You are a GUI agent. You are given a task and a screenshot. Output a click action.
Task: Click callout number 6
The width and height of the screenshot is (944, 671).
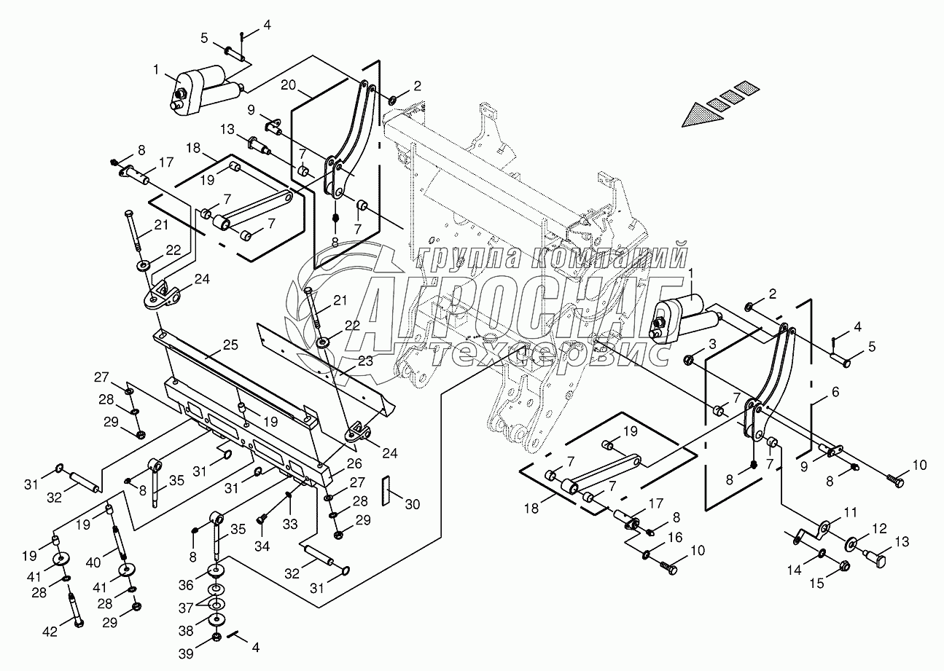(834, 392)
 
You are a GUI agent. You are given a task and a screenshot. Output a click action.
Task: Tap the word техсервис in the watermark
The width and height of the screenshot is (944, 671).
(550, 353)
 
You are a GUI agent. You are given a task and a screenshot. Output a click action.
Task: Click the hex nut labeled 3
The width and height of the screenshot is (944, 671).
(688, 358)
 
